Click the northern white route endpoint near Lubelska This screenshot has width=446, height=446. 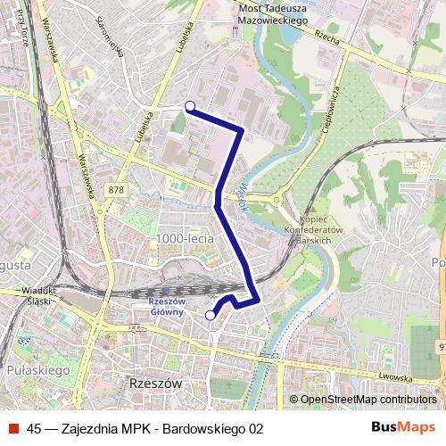[189, 107]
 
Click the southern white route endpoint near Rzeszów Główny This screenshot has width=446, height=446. [211, 315]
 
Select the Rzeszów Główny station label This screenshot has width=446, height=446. [167, 306]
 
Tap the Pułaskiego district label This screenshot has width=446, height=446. [32, 368]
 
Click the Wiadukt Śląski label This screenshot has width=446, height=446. [38, 295]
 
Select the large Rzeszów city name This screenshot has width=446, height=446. [149, 382]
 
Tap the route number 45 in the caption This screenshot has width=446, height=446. [35, 428]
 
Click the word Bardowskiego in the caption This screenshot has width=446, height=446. [202, 428]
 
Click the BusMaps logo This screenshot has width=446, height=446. [403, 427]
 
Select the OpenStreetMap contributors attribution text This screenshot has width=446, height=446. [368, 400]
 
